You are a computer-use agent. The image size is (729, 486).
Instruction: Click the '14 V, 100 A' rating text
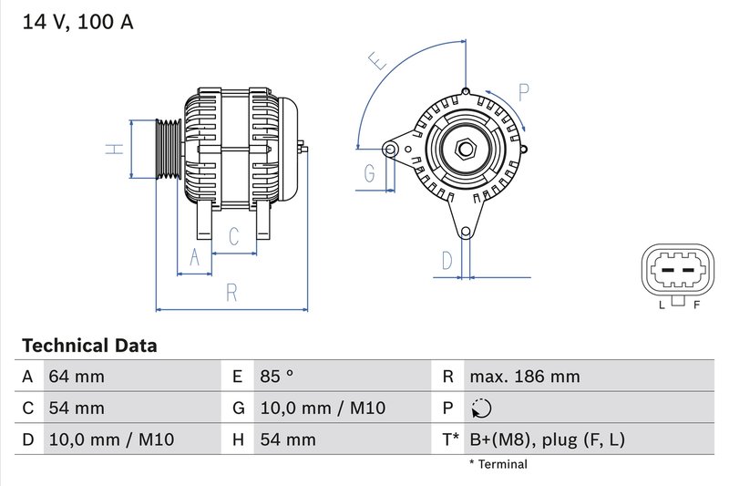pos(77,22)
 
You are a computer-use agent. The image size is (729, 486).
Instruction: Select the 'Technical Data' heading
pos(89,346)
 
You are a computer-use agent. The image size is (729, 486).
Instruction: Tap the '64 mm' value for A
pos(77,377)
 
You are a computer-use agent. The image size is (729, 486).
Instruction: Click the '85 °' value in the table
pos(276,377)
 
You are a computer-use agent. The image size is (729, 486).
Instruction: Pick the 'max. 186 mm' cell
pos(524,377)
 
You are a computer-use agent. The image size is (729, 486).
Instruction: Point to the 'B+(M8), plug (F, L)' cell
pos(547,439)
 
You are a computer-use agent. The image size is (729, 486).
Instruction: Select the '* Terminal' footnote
pos(498,464)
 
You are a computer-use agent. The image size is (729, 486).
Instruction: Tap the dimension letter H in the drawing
pos(113,148)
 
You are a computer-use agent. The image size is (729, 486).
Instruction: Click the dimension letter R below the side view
pos(231,292)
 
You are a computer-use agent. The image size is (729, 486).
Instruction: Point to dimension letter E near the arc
pos(377,61)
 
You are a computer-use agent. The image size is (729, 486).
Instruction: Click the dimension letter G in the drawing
pos(370,173)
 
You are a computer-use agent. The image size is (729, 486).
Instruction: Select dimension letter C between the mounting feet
pos(233,237)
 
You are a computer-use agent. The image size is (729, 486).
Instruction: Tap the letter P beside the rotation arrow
pos(524,92)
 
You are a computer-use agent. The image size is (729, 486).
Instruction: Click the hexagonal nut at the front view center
pos(465,147)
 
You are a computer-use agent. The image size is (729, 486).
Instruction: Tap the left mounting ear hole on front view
pos(391,147)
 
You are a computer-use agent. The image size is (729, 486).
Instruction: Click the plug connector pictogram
pos(678,272)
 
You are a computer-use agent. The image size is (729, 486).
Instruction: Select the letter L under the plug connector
pos(662,305)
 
